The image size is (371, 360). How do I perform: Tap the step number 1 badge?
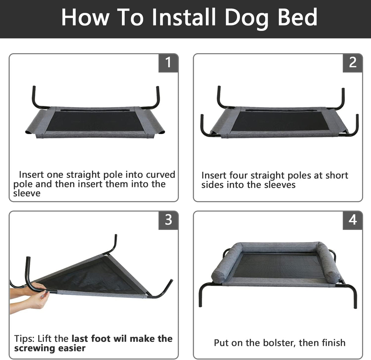168,63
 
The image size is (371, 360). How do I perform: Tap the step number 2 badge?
353,63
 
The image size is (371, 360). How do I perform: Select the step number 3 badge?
168,220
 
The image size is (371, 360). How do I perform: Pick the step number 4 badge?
353,220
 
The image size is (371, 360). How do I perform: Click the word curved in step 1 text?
160,174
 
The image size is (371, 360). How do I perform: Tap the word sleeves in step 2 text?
280,185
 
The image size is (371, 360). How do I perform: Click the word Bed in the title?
297,17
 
